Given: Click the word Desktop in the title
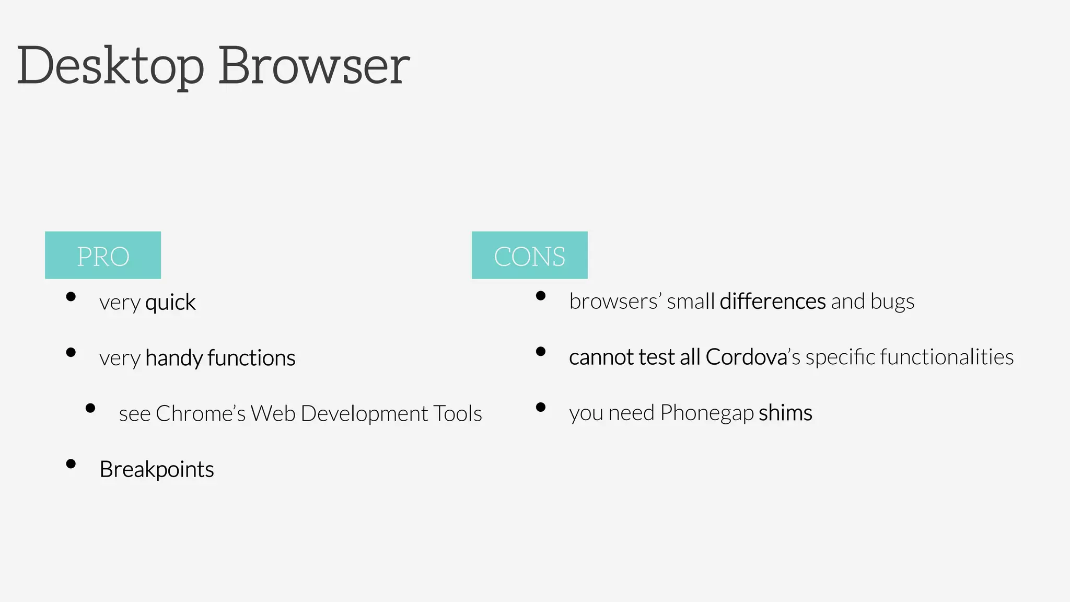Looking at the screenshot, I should pos(111,67).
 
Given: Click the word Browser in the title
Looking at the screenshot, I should pos(313,67).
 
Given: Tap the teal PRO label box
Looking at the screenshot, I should pos(103,255).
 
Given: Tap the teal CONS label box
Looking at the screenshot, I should pos(529,255).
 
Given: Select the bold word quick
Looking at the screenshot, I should pos(170,303).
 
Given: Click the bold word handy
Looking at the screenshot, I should pos(173,358).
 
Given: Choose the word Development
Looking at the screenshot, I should pos(364,414).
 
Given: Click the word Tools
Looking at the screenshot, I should pos(457,414).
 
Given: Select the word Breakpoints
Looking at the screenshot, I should pos(157,470).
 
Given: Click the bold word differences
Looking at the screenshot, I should pos(772,302).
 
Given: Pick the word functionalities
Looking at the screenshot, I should pos(947,357).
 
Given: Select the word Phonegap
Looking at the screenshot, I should pos(706,413).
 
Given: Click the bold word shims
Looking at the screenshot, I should pos(785,413).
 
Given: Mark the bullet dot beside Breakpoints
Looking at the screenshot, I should pos(71,464).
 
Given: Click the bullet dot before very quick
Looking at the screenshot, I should pos(71,297).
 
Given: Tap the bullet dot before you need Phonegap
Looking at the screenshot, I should pos(541,407).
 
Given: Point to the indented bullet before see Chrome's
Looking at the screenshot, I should pos(90,408).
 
